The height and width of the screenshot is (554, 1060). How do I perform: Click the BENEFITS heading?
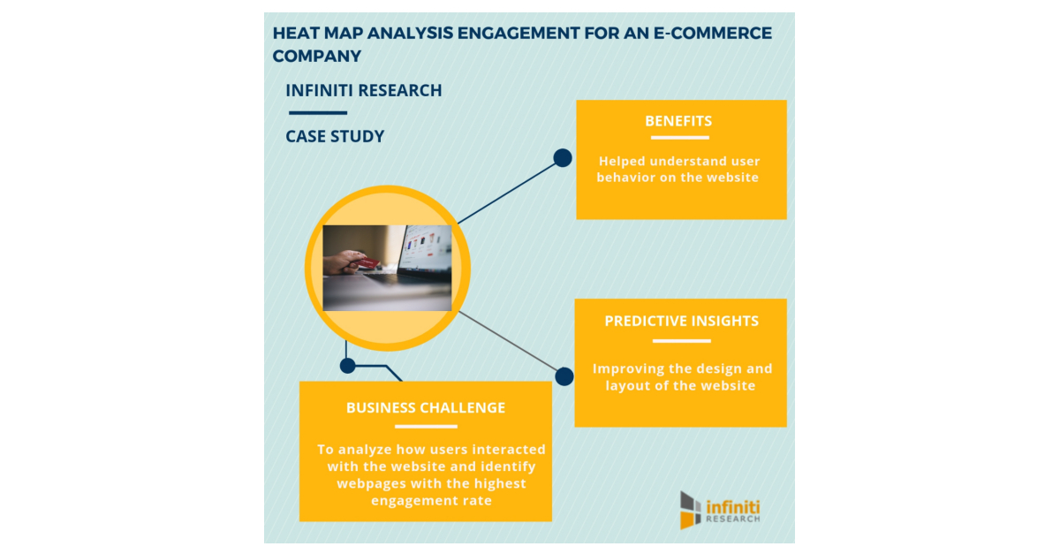(678, 121)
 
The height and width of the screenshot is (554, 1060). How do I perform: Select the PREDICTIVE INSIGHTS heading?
(681, 321)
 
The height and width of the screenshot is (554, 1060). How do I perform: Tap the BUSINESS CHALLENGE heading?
(426, 407)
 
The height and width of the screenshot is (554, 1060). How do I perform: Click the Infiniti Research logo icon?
(691, 510)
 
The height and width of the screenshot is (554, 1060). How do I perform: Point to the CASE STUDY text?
(335, 136)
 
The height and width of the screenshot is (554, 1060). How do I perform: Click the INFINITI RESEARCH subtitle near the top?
(364, 90)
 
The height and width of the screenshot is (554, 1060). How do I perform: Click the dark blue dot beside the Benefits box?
(562, 158)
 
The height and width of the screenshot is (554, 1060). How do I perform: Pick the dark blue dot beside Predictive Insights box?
(564, 376)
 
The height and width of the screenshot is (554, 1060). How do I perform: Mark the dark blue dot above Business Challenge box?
(348, 365)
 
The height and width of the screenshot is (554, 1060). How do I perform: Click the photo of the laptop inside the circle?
(387, 268)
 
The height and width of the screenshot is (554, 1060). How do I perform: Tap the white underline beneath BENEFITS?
(678, 138)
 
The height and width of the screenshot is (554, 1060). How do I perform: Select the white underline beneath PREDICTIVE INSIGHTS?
(681, 340)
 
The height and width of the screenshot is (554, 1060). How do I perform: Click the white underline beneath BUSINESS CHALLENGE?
(426, 427)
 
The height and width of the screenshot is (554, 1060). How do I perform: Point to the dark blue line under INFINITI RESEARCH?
(317, 112)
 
